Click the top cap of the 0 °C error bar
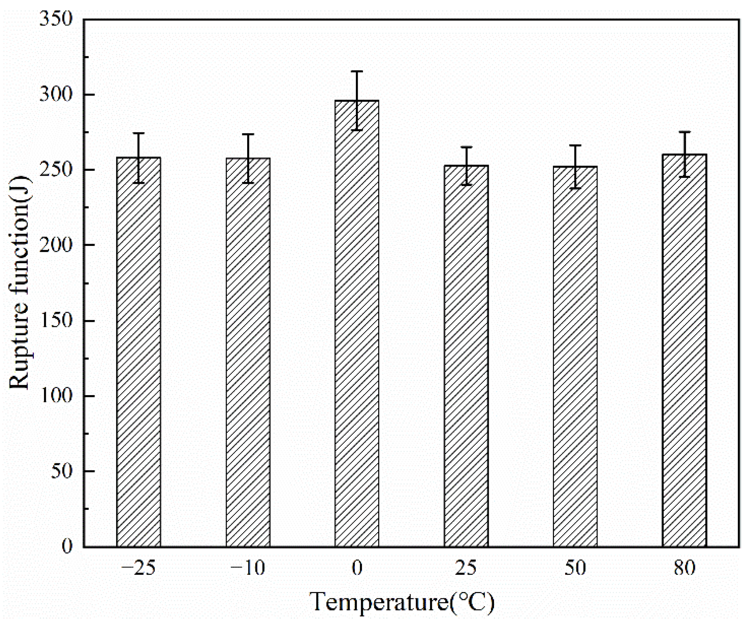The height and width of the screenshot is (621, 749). click(357, 71)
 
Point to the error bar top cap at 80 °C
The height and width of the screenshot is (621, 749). click(684, 132)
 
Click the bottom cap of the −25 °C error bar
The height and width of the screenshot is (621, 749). click(138, 183)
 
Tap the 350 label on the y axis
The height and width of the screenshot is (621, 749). click(56, 19)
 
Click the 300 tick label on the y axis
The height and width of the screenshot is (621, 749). click(56, 95)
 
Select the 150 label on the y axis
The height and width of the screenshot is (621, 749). click(56, 321)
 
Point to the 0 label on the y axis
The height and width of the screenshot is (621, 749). click(67, 546)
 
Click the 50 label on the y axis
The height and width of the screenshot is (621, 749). click(61, 471)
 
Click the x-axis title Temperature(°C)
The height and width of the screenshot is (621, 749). click(402, 602)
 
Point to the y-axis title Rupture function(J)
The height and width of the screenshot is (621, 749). click(19, 283)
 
